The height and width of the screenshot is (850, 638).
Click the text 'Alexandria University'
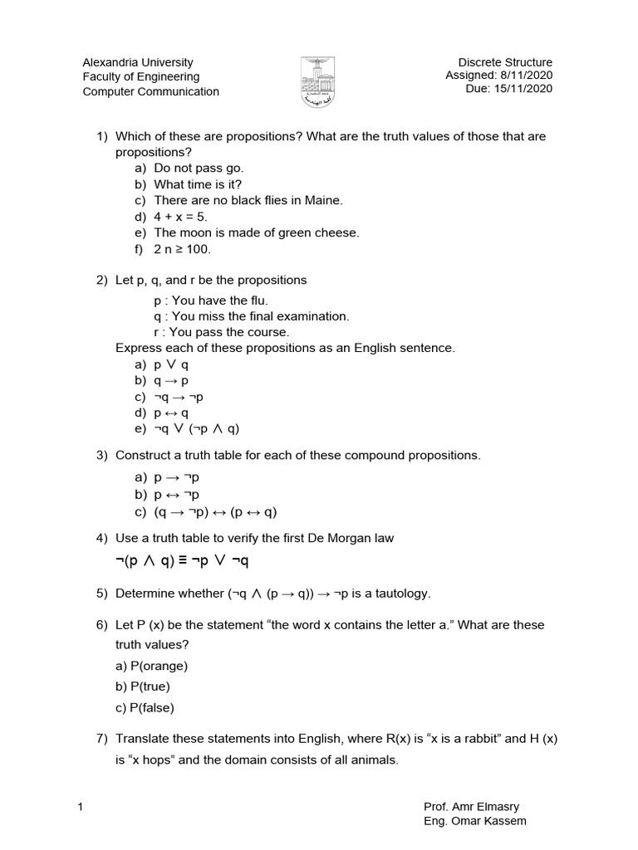tap(138, 62)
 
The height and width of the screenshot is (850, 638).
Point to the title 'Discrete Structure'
tap(505, 62)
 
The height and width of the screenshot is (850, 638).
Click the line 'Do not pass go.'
tap(199, 169)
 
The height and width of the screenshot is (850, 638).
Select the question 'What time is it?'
tap(198, 184)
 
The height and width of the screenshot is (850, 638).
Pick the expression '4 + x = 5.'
tap(181, 217)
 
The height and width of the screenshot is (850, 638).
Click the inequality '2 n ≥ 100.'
tap(183, 248)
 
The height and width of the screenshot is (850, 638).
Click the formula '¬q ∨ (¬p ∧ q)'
tap(197, 429)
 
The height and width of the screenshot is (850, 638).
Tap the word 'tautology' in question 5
tap(402, 593)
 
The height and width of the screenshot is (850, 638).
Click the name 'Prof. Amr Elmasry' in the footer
tap(470, 807)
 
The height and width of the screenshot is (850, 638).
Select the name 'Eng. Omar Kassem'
tap(474, 822)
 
